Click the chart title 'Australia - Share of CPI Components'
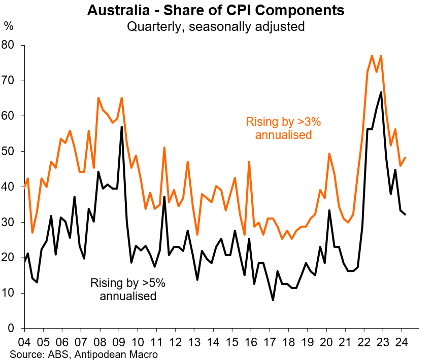(x=216, y=10)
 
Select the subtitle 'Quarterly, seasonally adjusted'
(x=216, y=26)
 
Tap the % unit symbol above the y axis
(x=9, y=25)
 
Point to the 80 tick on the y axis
(x=11, y=46)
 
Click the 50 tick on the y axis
(x=11, y=152)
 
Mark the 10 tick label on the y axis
(x=11, y=293)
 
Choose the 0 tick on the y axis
(x=14, y=329)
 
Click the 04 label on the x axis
(x=24, y=340)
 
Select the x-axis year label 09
(x=118, y=340)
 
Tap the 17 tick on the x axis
(x=270, y=340)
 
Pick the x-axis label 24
(x=402, y=340)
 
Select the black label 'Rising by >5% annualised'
(x=127, y=290)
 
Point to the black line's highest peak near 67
(x=381, y=92)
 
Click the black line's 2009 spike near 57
(x=121, y=127)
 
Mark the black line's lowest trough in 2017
(x=273, y=300)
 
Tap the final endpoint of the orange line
(x=405, y=158)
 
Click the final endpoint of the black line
(x=405, y=214)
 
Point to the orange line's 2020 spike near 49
(x=329, y=153)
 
